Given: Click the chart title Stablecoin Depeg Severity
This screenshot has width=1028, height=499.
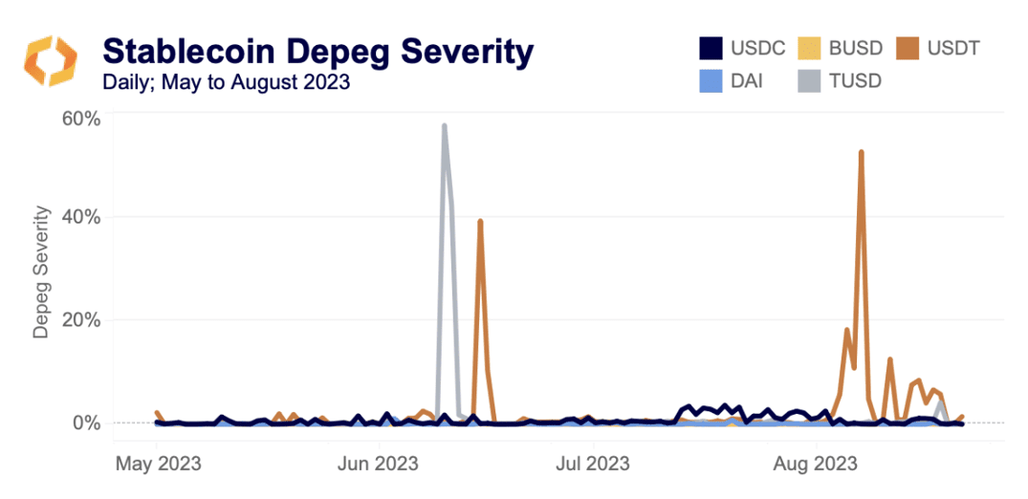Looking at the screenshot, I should (317, 51).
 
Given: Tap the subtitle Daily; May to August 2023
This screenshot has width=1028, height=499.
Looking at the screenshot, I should (226, 82).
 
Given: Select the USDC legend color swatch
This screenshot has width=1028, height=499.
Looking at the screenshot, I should (710, 47).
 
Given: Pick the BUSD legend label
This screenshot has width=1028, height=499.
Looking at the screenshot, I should (849, 47).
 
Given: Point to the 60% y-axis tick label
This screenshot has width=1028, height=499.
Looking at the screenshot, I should (80, 119).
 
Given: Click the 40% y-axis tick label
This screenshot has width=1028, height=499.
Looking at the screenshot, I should (80, 217).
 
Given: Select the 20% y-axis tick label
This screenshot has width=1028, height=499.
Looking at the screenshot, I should (80, 319).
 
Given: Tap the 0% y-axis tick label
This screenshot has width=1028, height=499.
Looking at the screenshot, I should (86, 422).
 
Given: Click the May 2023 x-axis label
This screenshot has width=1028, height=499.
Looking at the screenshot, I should (158, 465).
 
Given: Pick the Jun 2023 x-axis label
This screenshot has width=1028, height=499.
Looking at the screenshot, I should (375, 465).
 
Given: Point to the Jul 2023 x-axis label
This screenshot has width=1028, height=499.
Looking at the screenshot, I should (593, 465).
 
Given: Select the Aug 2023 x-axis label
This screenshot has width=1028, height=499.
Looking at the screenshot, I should (814, 465).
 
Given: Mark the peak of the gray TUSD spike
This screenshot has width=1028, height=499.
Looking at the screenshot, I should (444, 125).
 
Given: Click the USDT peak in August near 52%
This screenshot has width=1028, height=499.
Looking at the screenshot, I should (862, 152).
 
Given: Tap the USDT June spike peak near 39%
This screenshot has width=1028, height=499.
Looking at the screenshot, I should (480, 221).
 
